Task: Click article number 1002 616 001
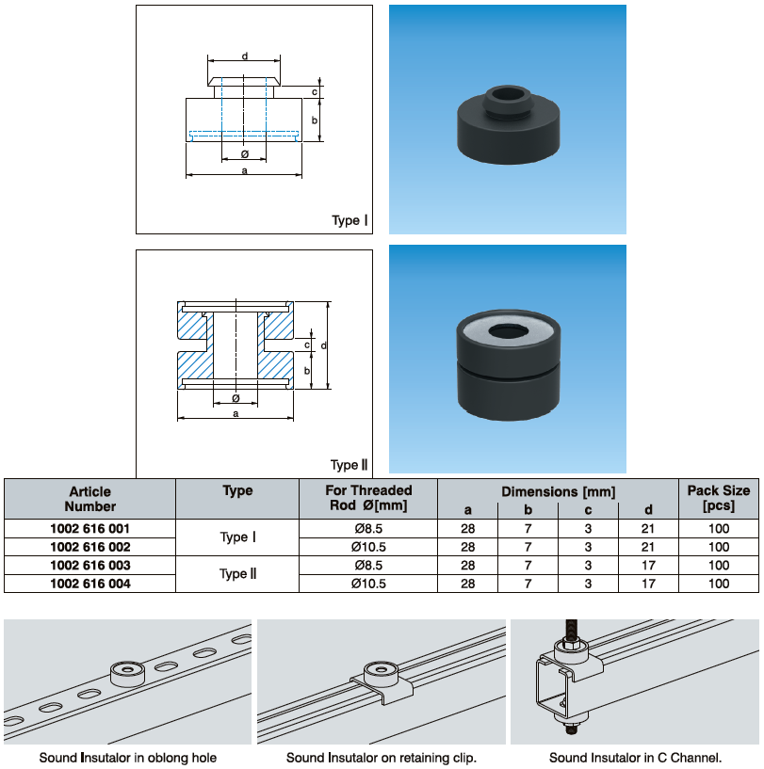point(90,528)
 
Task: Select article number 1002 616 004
point(90,584)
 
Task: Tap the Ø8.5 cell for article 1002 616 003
point(367,566)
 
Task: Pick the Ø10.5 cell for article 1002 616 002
point(367,547)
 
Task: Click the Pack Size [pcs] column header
point(718,498)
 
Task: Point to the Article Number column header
point(90,498)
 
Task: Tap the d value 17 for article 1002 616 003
point(648,566)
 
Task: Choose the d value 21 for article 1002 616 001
point(648,528)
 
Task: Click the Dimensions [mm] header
point(558,491)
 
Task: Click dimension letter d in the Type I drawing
point(245,56)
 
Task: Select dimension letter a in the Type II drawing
point(236,412)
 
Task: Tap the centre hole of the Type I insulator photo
point(508,94)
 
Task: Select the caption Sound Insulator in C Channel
point(636,758)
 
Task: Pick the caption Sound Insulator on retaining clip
point(382,758)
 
